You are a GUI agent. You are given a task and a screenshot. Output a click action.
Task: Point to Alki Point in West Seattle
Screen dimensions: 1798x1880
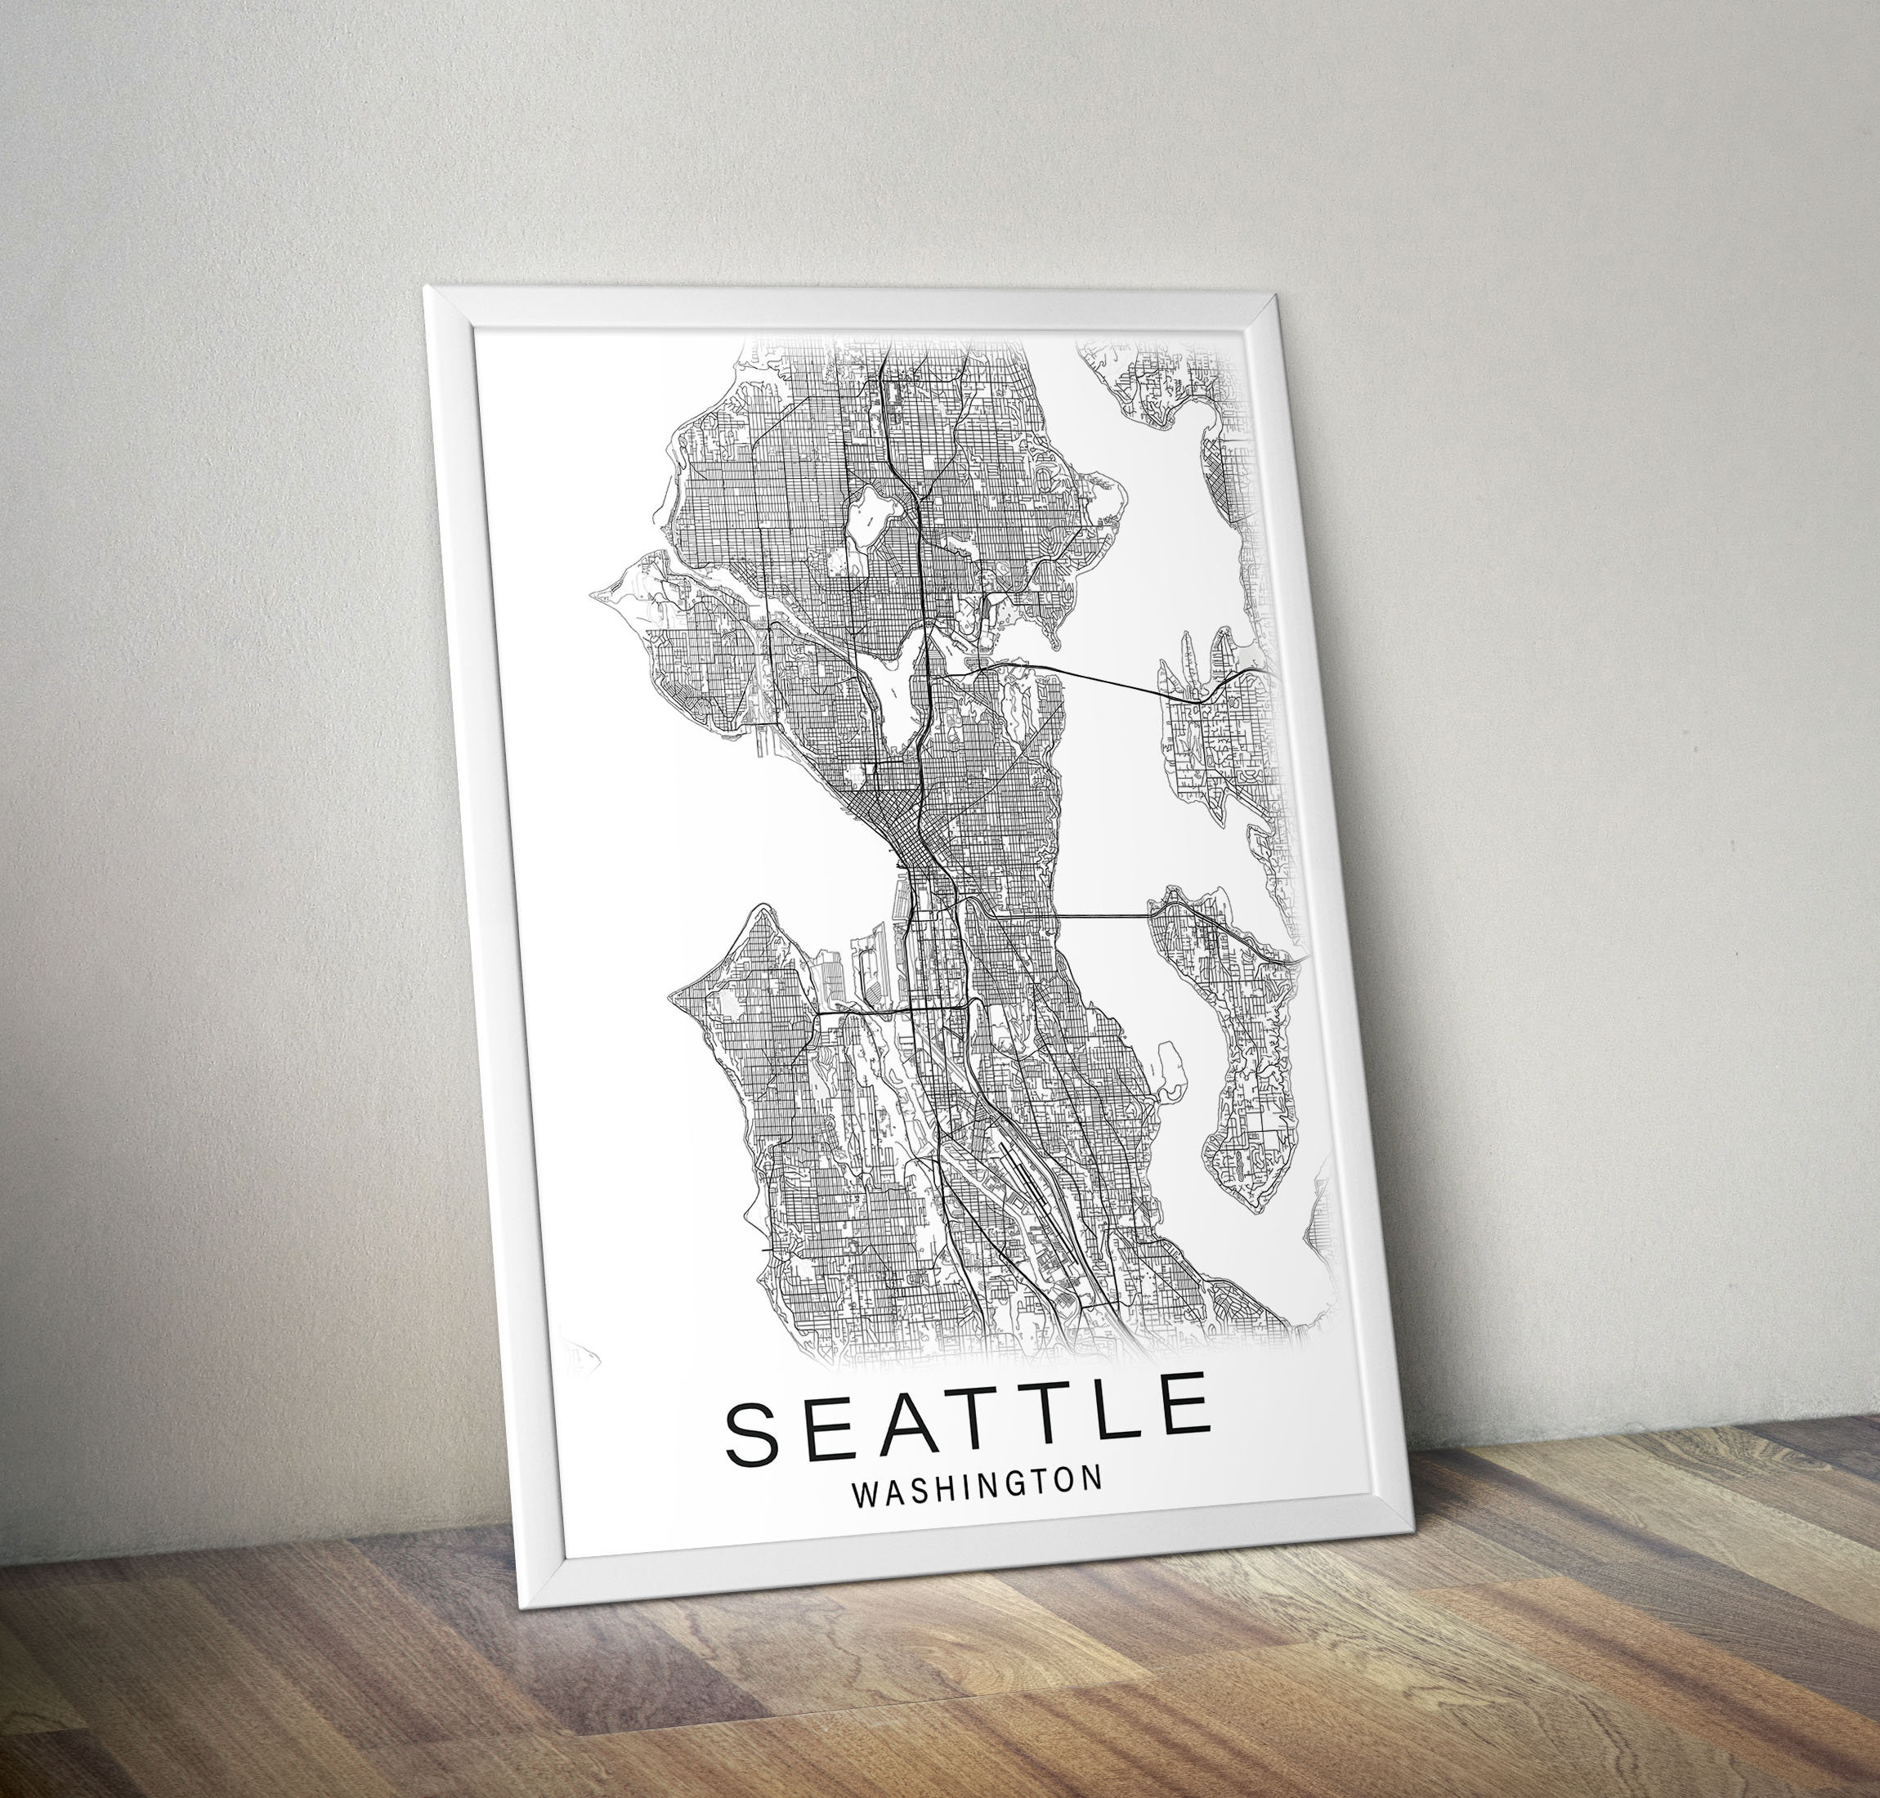pos(673,993)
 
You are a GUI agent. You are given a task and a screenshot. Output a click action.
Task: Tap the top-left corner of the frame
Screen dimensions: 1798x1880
pos(427,288)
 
